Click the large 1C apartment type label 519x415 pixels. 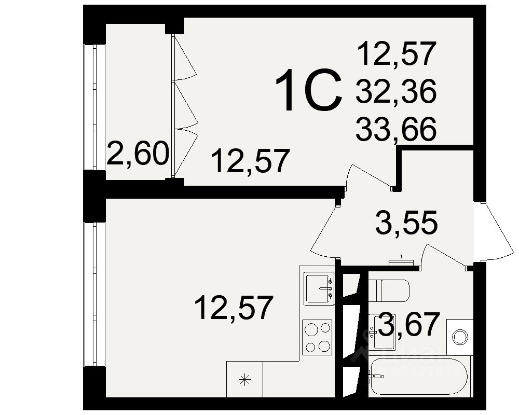coord(308,92)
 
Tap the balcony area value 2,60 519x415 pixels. coord(138,154)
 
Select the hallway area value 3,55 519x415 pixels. coord(406,224)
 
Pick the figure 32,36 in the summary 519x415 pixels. coord(395,92)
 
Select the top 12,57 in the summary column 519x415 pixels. coord(395,54)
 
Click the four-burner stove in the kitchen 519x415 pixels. coord(317,337)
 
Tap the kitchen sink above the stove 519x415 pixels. coord(319,289)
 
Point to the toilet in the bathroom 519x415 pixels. coord(389,290)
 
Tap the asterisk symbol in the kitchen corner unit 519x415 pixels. coord(244,380)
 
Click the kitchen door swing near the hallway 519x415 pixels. coord(324,233)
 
